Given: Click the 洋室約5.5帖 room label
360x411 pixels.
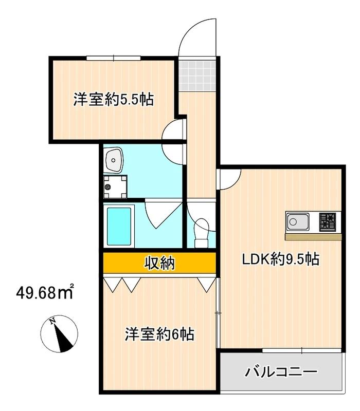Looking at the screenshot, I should pos(113,99).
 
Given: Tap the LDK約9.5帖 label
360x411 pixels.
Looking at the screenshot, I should pos(281,259).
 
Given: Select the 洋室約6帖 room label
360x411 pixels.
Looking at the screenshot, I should pos(159,334).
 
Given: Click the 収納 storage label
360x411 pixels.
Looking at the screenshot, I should pos(159,264).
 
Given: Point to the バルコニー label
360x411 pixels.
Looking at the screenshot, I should pos(281,371).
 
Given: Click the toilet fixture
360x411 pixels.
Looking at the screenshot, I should pos(202,230).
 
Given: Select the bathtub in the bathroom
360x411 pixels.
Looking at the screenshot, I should pos(119,225).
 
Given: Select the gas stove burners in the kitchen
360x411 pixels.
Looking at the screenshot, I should pos(328,222).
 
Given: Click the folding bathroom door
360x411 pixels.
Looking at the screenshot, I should pos(164,216).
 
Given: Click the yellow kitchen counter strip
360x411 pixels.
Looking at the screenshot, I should pos(314,237).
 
